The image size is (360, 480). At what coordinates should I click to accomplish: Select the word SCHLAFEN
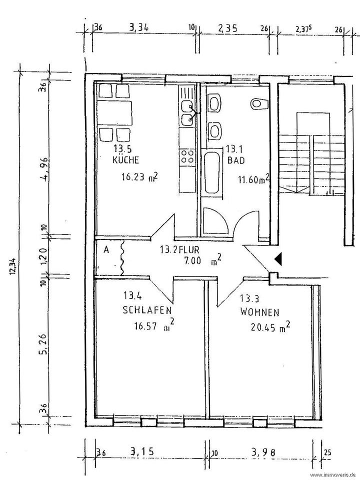pos(144,310)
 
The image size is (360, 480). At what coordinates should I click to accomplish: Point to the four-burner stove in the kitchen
pos(187,155)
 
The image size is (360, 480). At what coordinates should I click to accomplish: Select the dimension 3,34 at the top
pos(138,27)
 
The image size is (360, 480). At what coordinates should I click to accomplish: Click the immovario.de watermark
pos(332,474)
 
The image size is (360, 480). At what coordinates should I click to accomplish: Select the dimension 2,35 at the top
pos(227,27)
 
